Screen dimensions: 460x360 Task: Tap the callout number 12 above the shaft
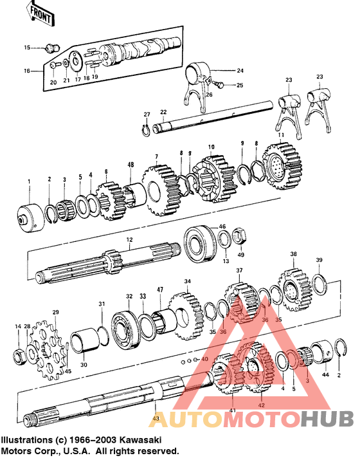pyautogui.click(x=129, y=239)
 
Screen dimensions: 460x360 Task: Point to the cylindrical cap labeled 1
pyautogui.click(x=30, y=216)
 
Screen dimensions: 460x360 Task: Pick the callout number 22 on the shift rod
pyautogui.click(x=163, y=111)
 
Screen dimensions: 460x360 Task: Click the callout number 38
pyautogui.click(x=293, y=255)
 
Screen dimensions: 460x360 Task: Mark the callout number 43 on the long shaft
pyautogui.click(x=156, y=419)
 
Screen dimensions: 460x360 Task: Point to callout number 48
pyautogui.click(x=130, y=165)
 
